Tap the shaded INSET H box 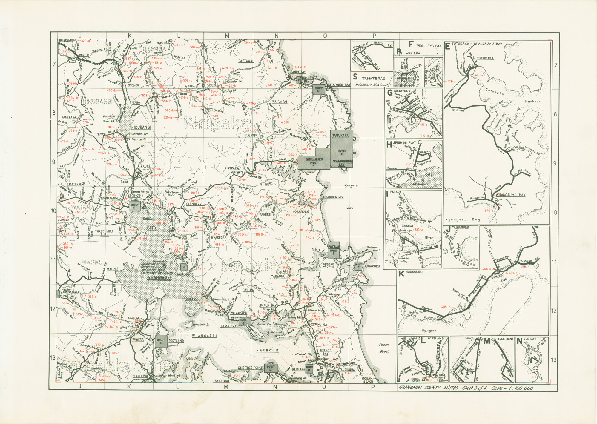(x=134, y=206)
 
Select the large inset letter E (x=447, y=46)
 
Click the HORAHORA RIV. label (x=332, y=197)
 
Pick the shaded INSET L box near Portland (x=161, y=341)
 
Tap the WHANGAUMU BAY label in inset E (x=510, y=195)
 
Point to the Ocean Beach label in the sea (x=384, y=348)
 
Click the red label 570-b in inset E (x=489, y=211)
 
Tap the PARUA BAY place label (x=268, y=305)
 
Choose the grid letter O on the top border (x=325, y=36)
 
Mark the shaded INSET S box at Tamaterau (x=244, y=322)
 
